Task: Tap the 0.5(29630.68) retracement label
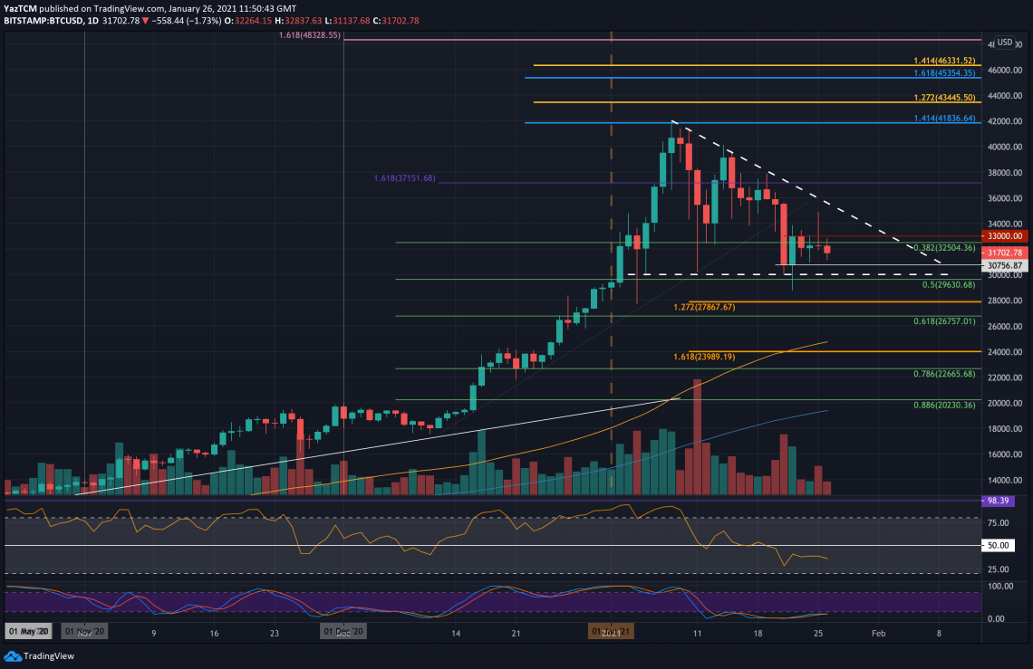(949, 284)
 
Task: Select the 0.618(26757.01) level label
(943, 321)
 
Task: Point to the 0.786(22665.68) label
(943, 374)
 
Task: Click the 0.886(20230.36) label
(943, 405)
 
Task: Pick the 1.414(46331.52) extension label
(943, 61)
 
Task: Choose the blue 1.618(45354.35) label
(943, 73)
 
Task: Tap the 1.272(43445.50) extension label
(943, 98)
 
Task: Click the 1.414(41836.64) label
(943, 118)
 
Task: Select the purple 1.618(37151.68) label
(404, 178)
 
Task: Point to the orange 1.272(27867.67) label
(704, 307)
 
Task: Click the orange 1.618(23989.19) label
(704, 357)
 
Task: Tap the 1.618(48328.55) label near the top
(309, 35)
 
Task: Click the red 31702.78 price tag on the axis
(1004, 253)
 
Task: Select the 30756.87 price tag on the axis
(1004, 265)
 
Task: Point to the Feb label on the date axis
(879, 635)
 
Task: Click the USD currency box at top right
(1004, 42)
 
